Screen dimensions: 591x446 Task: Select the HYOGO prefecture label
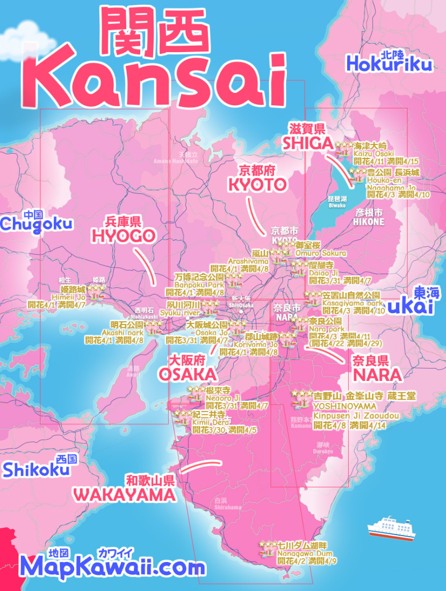[x=123, y=235]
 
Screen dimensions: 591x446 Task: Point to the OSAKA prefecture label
[x=188, y=374]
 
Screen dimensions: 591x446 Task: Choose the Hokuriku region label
[x=390, y=64]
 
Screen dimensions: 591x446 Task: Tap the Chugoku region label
[x=36, y=224]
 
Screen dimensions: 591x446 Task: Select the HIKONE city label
[x=369, y=221]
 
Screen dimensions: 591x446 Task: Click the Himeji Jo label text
[x=69, y=297]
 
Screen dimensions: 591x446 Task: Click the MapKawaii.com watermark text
[x=113, y=567]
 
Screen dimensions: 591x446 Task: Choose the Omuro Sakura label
[x=321, y=253]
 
